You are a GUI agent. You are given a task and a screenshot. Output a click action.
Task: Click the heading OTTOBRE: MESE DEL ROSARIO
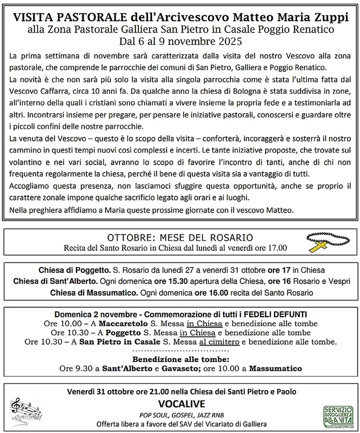coord(180,237)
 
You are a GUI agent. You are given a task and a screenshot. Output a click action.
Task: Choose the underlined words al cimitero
coord(219,342)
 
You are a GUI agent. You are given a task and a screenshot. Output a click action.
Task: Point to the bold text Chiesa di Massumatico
coord(86,293)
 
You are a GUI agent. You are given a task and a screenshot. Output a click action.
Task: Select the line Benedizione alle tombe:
coord(181,359)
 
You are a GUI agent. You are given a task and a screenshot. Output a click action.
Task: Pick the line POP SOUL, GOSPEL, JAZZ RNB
coord(181,414)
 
